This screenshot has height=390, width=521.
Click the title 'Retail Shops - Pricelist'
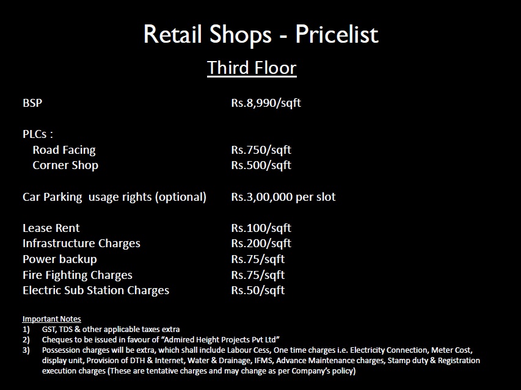pos(261,34)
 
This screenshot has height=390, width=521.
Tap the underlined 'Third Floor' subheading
pos(252,68)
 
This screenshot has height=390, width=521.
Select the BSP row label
pos(32,103)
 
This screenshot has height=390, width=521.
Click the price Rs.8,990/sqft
pos(266,103)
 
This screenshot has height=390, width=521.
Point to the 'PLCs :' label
pos(37,134)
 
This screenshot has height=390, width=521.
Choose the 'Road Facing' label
pos(64,150)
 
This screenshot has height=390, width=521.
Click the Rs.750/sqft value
pos(261,150)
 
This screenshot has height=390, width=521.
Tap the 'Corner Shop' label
pos(65,165)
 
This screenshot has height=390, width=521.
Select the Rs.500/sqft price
pos(261,165)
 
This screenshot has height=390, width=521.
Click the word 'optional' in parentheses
pos(181,197)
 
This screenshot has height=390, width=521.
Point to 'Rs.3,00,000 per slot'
pos(283,197)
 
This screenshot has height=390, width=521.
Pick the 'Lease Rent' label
pos(51,228)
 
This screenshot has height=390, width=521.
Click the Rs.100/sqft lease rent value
pos(261,228)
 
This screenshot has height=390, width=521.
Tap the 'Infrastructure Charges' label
pos(81,244)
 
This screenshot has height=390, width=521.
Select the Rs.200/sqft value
pos(261,244)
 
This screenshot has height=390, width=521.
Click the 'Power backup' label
pos(60,259)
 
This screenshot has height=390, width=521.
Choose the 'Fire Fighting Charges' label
pos(78,275)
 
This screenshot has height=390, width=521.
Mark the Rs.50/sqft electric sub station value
pos(258,291)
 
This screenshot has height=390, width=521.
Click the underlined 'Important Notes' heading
pos(51,319)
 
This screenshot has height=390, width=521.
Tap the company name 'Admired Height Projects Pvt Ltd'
pos(220,339)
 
